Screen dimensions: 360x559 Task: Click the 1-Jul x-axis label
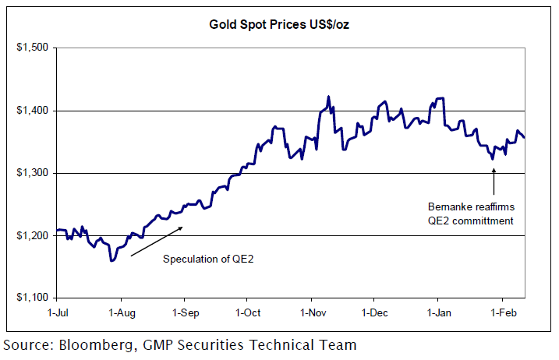click(x=57, y=313)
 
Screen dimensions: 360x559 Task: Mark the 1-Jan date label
click(x=437, y=313)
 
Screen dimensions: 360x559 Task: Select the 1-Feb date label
click(x=501, y=313)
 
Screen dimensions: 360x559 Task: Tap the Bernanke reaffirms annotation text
click(x=470, y=207)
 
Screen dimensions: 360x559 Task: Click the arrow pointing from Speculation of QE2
click(x=156, y=241)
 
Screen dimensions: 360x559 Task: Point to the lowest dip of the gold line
click(x=112, y=260)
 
